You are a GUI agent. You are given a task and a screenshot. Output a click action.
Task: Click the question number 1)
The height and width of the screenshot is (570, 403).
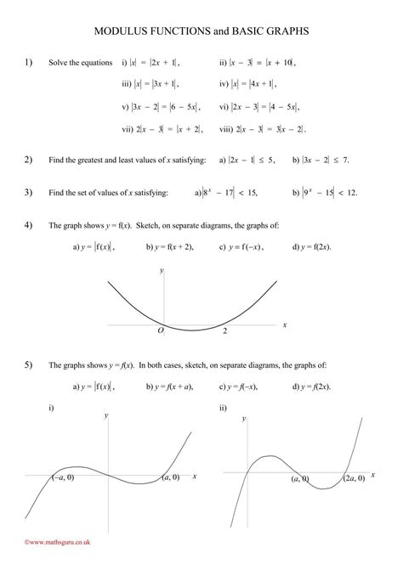pos(28,62)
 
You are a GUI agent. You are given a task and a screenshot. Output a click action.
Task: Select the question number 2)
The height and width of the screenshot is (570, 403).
pos(28,159)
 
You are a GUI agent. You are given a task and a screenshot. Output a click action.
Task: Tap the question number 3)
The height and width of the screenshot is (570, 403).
pos(28,192)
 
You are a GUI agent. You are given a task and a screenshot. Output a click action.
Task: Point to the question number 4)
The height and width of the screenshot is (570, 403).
pos(28,225)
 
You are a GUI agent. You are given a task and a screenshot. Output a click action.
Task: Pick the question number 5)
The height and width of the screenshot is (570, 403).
pos(28,364)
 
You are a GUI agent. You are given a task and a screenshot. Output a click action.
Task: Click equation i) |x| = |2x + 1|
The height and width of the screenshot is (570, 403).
pos(151,63)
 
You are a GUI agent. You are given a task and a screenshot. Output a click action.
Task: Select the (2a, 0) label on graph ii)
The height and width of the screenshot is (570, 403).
pos(355,479)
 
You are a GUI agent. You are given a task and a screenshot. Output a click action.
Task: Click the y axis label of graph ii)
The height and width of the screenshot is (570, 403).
pos(246,418)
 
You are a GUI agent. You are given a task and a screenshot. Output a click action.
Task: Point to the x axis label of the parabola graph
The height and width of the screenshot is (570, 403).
pos(285,325)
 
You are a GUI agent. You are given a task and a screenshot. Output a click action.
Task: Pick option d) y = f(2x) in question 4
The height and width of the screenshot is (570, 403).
pos(310,247)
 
